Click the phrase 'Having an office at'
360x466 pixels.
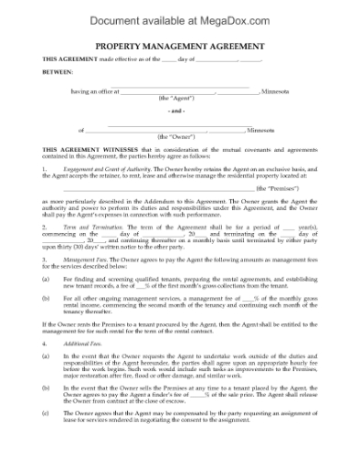pos(91,90)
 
